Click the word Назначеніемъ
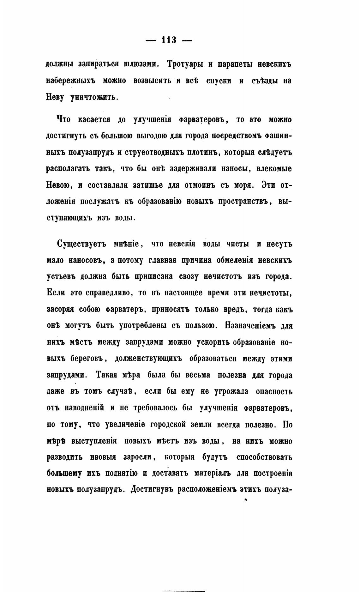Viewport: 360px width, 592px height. tap(250, 326)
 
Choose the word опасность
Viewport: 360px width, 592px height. tap(273, 392)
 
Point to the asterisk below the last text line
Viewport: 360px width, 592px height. tap(246, 500)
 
